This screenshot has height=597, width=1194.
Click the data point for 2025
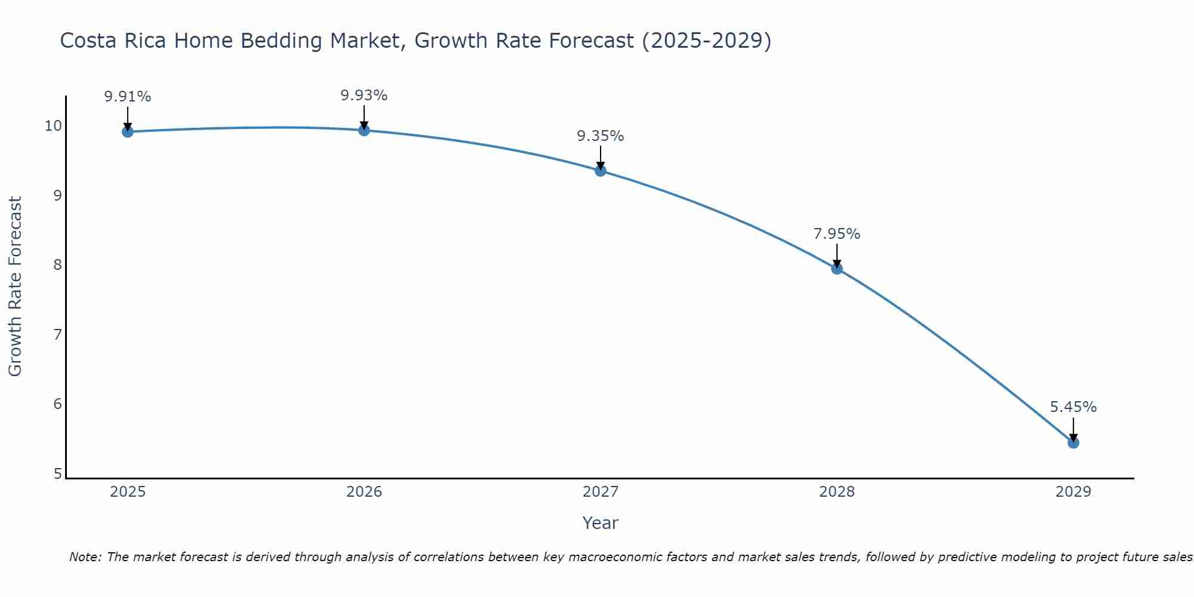coord(128,131)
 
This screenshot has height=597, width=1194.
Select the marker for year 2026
coord(364,130)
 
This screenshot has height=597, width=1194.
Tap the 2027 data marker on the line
coord(601,171)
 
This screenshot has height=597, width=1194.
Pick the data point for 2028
coord(837,269)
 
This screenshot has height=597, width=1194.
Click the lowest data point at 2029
coord(1073,442)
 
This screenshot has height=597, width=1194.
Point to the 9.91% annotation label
coord(128,97)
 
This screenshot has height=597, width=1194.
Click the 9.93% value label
coord(364,96)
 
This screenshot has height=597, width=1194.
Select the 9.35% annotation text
coord(601,136)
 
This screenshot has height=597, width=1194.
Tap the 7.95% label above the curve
coord(837,234)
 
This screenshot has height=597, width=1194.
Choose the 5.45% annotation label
coord(1073,407)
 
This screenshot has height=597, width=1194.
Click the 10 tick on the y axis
coord(53,125)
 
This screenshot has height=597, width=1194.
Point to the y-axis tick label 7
coord(57,334)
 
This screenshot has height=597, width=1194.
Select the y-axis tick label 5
coord(57,474)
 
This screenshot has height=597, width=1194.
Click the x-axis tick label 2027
coord(601,492)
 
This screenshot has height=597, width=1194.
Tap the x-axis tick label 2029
coord(1073,492)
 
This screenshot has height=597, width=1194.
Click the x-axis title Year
coord(601,523)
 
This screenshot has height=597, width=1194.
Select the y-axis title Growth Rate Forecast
coord(16,287)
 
